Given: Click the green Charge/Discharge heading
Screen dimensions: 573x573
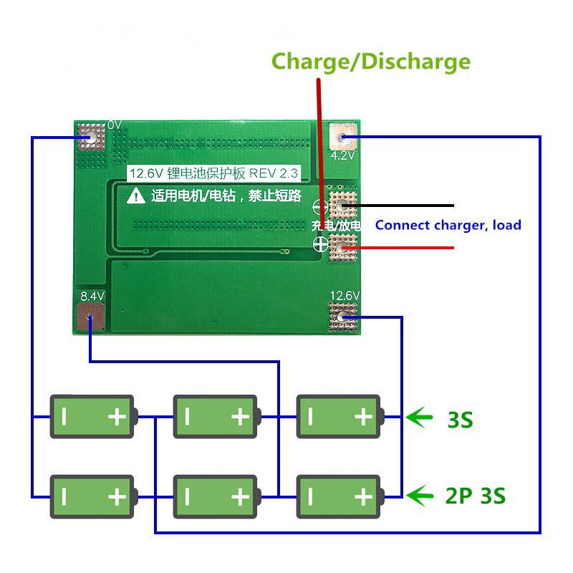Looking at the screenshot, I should (x=371, y=61).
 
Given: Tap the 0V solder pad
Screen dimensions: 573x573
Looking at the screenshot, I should (x=90, y=136).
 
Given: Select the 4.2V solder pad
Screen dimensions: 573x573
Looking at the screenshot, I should (x=343, y=136).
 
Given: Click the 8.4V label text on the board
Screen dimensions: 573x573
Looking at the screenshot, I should (x=92, y=295).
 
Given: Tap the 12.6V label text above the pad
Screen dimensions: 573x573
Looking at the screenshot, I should (x=345, y=295).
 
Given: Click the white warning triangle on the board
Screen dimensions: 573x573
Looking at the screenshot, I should (x=136, y=195).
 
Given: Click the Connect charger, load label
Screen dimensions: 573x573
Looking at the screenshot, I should (x=448, y=225).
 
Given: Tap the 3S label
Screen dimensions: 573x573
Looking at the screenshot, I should (x=460, y=418).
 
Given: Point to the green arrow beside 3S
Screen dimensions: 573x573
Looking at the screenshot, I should (x=420, y=415).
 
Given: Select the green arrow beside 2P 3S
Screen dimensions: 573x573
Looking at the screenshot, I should (x=420, y=494).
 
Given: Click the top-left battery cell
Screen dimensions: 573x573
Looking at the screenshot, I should (x=92, y=415).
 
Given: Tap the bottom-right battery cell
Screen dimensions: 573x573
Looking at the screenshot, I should (x=340, y=495).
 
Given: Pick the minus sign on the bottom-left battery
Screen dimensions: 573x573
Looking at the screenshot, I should (x=63, y=496).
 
